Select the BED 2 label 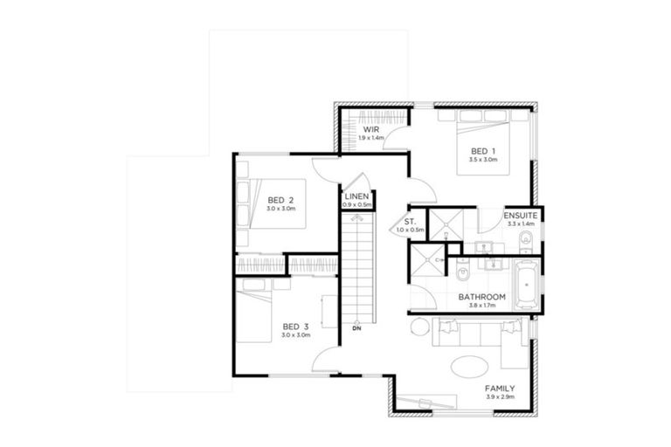coord(280,199)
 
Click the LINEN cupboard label coord(356,197)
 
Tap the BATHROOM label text coord(483,297)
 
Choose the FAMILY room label coord(501,389)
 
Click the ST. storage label coord(410,222)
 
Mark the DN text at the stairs coord(356,329)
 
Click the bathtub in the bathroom coord(527,284)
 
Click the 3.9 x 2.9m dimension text coord(501,398)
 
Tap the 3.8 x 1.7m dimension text coord(483,306)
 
